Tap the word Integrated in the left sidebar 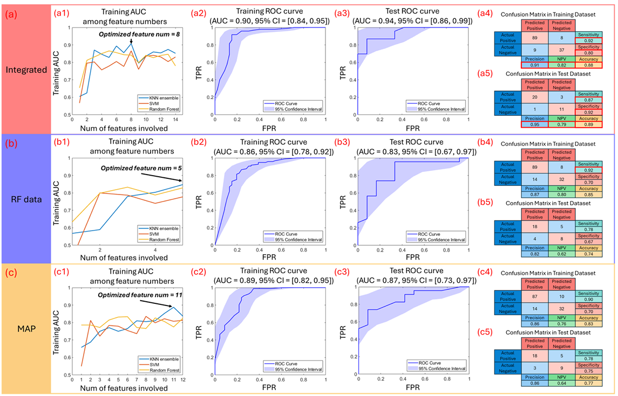pos(25,70)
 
